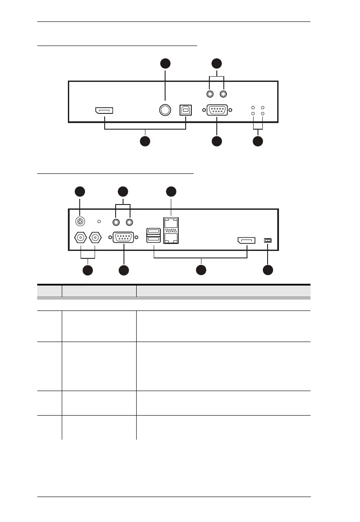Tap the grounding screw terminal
click(80, 222)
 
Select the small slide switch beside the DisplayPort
click(268, 240)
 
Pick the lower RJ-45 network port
click(171, 239)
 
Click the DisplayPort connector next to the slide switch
click(247, 240)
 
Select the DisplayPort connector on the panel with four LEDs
click(104, 110)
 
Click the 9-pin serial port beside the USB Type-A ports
click(124, 237)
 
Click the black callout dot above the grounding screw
click(80, 191)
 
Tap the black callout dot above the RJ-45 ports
click(171, 191)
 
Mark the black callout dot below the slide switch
click(268, 270)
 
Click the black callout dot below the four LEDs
click(258, 141)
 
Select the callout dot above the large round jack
click(165, 63)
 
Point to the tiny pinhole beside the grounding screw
click(99, 222)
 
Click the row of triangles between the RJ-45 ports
click(171, 231)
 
